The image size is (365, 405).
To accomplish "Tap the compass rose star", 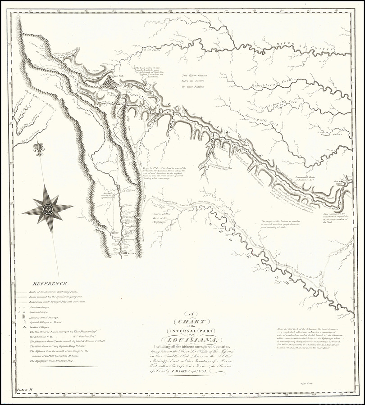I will pyautogui.click(x=47, y=209).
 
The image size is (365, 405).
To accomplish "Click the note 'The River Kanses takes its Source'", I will pyautogui.click(x=193, y=81).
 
